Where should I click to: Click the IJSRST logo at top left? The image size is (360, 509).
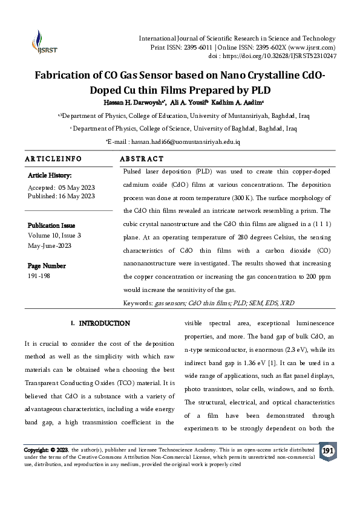[42, 42]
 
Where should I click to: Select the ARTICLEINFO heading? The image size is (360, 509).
[53, 159]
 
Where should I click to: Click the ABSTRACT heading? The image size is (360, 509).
[142, 159]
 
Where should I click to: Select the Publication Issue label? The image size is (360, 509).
[54, 225]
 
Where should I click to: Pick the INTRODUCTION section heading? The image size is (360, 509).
[104, 323]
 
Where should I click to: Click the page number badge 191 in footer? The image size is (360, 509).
[327, 451]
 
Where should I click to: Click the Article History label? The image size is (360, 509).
[50, 175]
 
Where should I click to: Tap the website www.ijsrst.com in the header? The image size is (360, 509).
[309, 47]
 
